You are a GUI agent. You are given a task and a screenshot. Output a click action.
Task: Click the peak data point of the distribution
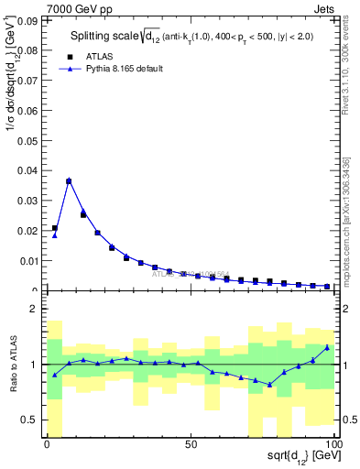pyautogui.click(x=69, y=180)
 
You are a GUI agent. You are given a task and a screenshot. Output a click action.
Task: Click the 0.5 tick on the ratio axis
pyautogui.click(x=32, y=420)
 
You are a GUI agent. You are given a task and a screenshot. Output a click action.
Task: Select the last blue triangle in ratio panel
pyautogui.click(x=327, y=347)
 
